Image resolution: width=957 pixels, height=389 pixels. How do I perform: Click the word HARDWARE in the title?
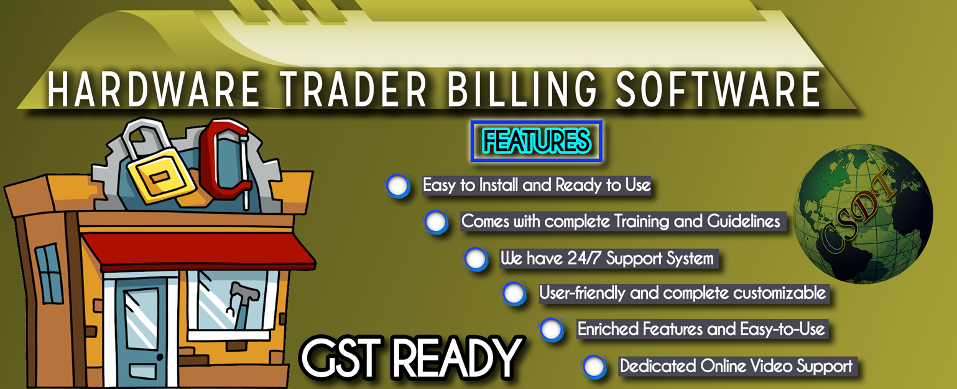[153, 89]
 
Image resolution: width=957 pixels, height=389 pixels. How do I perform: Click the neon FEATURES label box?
[536, 142]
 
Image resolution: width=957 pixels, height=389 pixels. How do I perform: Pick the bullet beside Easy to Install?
[398, 185]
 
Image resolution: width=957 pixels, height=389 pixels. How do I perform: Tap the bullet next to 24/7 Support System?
[476, 258]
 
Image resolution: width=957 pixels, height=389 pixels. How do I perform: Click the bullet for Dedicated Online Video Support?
[594, 366]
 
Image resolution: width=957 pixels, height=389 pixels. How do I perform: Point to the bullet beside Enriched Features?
[551, 329]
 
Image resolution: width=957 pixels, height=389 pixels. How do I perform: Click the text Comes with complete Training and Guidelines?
[621, 222]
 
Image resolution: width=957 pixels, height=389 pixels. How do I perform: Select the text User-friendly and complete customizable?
[682, 293]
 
